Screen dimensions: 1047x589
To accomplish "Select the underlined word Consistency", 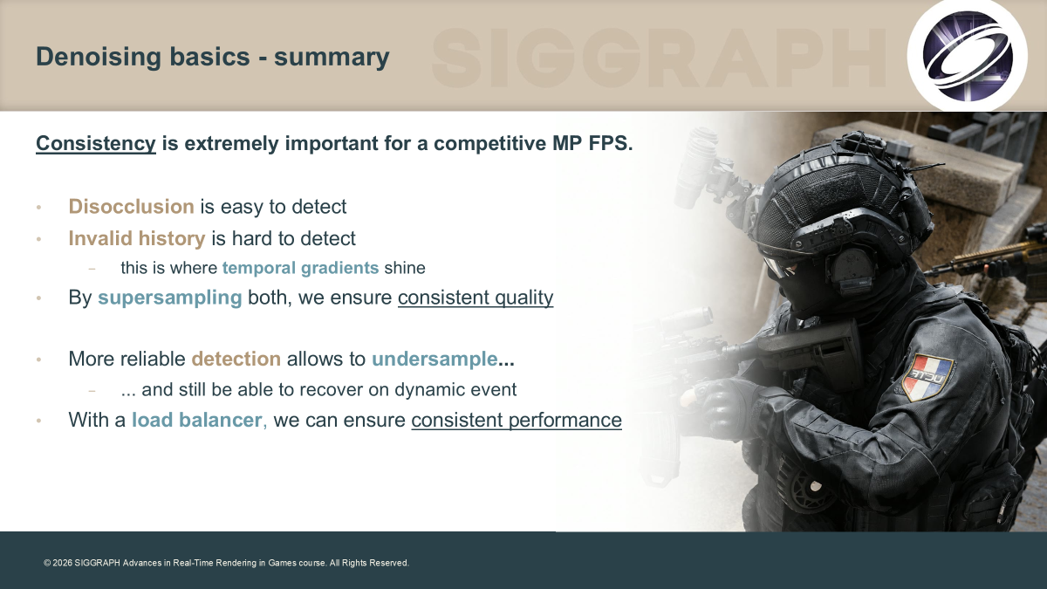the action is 96,143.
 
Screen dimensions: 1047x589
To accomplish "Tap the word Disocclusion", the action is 132,207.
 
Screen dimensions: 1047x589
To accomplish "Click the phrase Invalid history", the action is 137,238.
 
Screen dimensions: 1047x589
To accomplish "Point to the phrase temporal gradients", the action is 300,268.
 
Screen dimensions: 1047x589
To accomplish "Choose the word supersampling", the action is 169,298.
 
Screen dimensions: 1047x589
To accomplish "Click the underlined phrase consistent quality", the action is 476,298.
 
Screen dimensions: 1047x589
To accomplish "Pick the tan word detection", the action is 236,359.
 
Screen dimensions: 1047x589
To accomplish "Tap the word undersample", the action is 435,359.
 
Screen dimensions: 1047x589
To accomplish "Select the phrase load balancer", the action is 197,420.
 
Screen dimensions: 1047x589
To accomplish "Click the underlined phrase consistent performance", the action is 517,420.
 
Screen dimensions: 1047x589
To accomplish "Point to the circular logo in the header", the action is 968,56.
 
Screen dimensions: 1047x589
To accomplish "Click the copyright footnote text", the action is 227,563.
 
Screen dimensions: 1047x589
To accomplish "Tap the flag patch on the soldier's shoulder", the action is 927,377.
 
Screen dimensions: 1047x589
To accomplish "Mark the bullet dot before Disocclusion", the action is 38,207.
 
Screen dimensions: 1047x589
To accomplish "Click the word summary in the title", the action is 332,57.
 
